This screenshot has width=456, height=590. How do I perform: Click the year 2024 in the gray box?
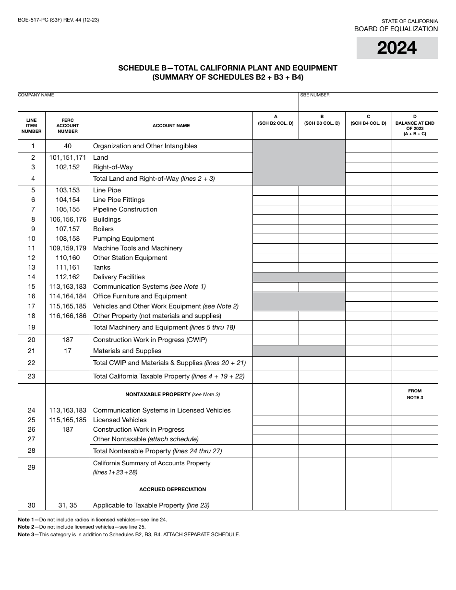pyautogui.click(x=397, y=48)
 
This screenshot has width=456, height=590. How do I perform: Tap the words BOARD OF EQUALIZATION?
pyautogui.click(x=396, y=29)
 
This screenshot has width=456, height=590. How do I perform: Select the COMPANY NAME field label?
pyautogui.click(x=36, y=95)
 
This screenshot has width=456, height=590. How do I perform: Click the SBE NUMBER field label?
pyautogui.click(x=315, y=95)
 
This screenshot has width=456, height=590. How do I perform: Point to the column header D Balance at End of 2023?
pyautogui.click(x=415, y=125)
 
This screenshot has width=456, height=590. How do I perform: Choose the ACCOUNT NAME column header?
pyautogui.click(x=171, y=126)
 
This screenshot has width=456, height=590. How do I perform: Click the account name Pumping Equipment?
pyautogui.click(x=123, y=238)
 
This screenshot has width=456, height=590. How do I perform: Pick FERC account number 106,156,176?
pyautogui.click(x=68, y=219)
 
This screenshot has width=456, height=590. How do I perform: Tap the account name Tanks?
pyautogui.click(x=102, y=267)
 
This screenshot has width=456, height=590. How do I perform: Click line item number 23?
pyautogui.click(x=32, y=376)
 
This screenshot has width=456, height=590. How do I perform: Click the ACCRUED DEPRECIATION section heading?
pyautogui.click(x=172, y=489)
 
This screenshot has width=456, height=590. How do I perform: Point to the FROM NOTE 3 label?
pyautogui.click(x=415, y=394)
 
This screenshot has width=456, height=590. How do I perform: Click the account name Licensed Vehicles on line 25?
pyautogui.click(x=120, y=420)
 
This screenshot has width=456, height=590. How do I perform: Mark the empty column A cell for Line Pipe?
pyautogui.click(x=276, y=190)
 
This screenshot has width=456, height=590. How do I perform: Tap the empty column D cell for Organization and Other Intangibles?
pyautogui.click(x=415, y=146)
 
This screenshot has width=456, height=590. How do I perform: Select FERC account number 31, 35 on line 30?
pyautogui.click(x=68, y=505)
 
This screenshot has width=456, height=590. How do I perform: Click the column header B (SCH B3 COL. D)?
pyautogui.click(x=322, y=120)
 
